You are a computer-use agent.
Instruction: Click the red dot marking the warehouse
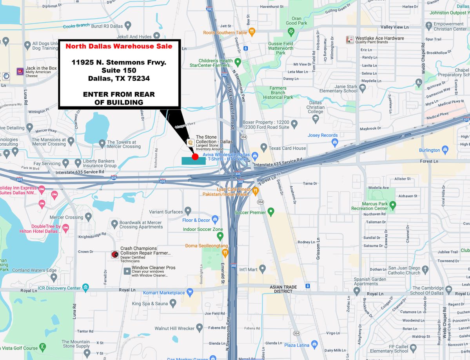click(x=195, y=157)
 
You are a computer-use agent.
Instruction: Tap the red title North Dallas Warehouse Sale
click(x=119, y=46)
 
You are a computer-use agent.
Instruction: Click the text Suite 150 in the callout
click(x=119, y=70)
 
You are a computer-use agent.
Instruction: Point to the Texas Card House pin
click(x=264, y=148)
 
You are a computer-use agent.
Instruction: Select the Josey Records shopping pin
click(x=335, y=143)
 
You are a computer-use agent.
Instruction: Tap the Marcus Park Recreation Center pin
click(x=393, y=204)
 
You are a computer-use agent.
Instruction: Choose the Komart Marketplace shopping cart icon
click(x=190, y=292)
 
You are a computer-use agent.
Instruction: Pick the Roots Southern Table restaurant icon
click(x=252, y=32)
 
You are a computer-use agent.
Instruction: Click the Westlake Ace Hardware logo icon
click(x=350, y=40)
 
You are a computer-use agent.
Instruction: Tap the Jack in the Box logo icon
click(x=20, y=71)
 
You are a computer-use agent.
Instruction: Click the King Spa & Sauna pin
click(x=173, y=303)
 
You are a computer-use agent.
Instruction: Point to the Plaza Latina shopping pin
click(x=314, y=344)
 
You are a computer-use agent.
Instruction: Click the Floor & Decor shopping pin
click(x=215, y=219)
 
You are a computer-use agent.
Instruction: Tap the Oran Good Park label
click(x=296, y=21)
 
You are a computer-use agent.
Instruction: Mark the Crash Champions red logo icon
click(x=115, y=254)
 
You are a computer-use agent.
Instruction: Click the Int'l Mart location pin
click(x=263, y=269)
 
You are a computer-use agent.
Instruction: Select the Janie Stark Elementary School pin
click(x=363, y=88)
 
